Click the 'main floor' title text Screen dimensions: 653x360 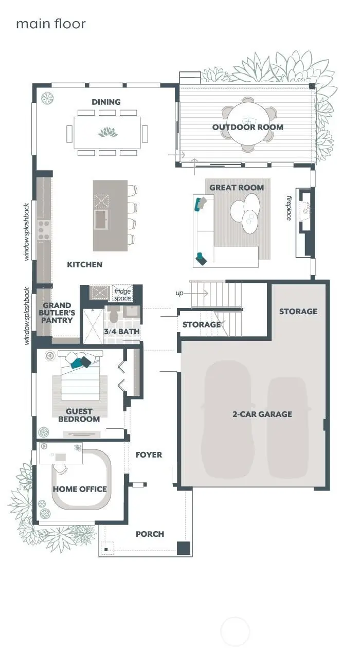(50, 24)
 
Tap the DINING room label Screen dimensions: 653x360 (106, 102)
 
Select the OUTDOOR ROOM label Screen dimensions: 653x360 (248, 127)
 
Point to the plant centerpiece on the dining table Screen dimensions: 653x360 (108, 133)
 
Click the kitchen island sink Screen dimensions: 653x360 (101, 218)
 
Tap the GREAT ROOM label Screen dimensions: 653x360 (237, 188)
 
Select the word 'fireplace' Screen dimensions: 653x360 (289, 208)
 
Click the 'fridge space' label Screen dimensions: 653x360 (122, 294)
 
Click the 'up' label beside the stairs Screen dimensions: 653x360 (179, 293)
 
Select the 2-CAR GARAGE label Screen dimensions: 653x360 (262, 414)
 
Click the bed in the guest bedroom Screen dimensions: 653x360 (80, 378)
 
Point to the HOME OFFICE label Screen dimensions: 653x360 (80, 489)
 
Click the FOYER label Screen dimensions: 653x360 (149, 455)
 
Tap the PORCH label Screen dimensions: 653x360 (150, 534)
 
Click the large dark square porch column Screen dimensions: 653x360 (183, 548)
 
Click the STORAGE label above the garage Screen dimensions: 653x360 (298, 311)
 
